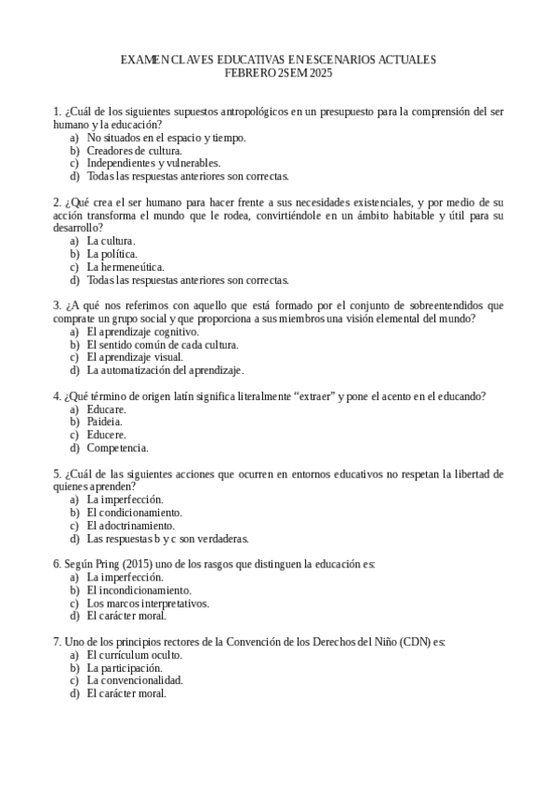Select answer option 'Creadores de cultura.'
tap(134, 150)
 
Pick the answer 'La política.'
tap(112, 253)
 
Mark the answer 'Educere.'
tap(106, 435)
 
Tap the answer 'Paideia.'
tap(104, 421)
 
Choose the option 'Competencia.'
tap(117, 448)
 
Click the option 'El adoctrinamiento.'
tap(130, 525)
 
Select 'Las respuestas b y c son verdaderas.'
tap(167, 538)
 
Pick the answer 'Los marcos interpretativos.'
tap(147, 602)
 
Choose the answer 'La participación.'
tap(125, 667)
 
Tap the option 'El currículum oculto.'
tap(134, 654)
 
